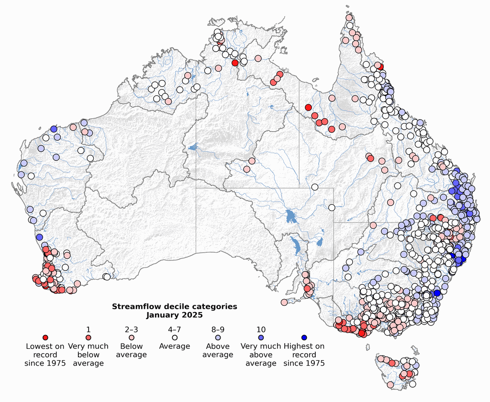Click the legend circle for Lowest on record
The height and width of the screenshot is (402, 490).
(45, 338)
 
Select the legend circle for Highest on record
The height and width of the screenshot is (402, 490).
(304, 338)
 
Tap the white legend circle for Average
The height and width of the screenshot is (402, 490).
(175, 338)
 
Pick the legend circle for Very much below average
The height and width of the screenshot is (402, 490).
(89, 338)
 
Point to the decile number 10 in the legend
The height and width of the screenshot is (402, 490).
(261, 329)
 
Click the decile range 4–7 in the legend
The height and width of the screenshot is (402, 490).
(175, 329)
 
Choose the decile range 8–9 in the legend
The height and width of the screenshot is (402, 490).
(218, 329)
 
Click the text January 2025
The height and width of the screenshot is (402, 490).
(174, 315)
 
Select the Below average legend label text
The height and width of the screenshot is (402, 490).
(132, 350)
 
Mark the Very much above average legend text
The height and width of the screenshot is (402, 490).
(261, 354)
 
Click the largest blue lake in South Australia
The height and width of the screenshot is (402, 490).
(290, 216)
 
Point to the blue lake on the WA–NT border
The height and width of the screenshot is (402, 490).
(193, 148)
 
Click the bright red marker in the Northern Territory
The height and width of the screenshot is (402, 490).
(235, 63)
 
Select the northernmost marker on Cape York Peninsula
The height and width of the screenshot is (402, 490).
(349, 18)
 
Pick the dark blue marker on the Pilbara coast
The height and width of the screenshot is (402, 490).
(54, 129)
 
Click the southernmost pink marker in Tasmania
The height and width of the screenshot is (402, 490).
(390, 384)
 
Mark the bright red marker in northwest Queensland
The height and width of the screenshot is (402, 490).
(308, 107)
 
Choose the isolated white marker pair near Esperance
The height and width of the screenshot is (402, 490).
(106, 276)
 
